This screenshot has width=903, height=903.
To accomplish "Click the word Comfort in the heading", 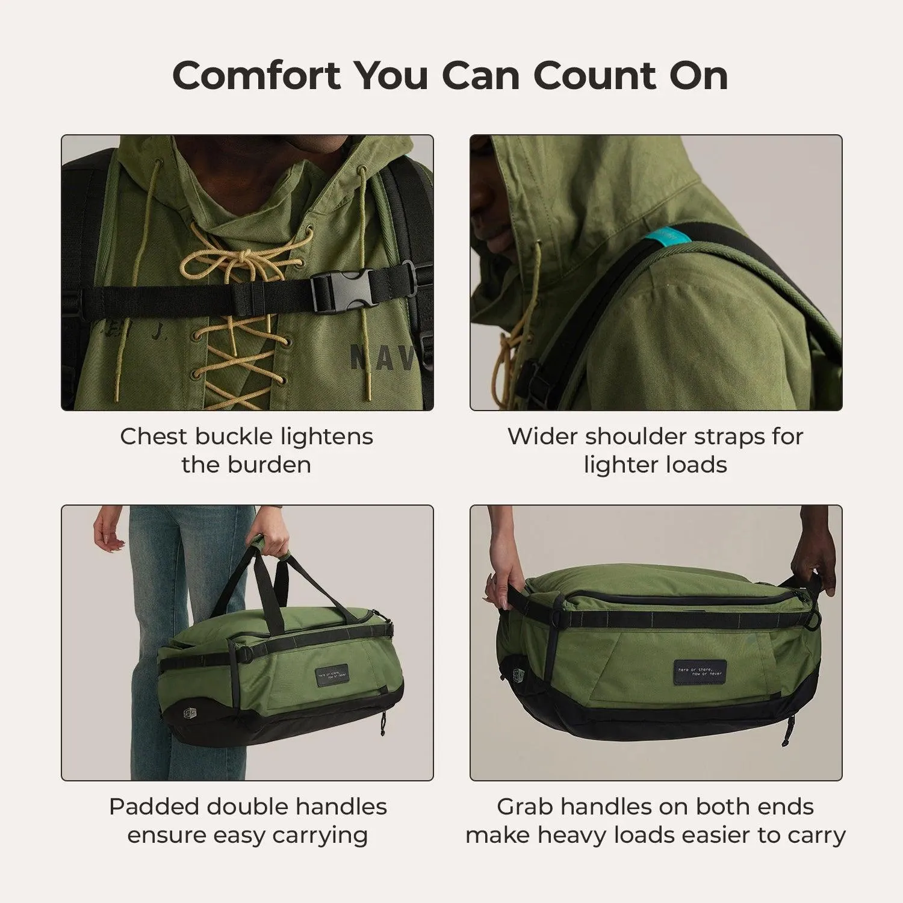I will click(x=256, y=76).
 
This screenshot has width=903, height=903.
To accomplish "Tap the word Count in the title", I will click(x=594, y=76).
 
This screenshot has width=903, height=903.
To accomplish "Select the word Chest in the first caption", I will click(x=155, y=436).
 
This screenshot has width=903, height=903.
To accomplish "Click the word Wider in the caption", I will click(x=542, y=436).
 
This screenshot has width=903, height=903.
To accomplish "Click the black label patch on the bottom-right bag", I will click(x=700, y=670).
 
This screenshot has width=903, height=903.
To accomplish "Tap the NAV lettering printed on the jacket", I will click(x=382, y=358).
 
